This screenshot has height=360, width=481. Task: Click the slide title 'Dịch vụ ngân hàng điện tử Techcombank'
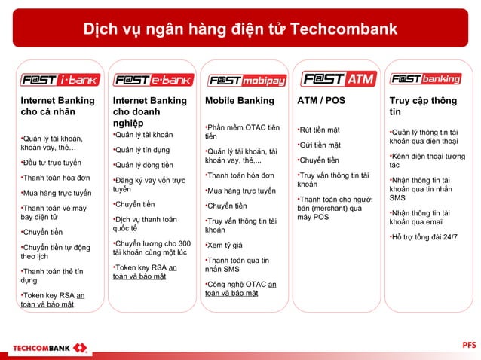point(240,29)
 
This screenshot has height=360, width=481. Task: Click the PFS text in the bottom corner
point(468,345)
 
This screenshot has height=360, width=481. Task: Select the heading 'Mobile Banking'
point(234,101)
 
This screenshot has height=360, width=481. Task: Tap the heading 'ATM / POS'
point(321,101)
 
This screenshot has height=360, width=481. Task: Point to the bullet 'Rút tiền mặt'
point(320,130)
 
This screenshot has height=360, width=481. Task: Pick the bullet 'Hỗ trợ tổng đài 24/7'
point(424,238)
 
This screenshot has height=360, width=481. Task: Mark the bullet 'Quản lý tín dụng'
point(143,149)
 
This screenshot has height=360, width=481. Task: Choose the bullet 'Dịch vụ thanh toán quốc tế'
point(146,224)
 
